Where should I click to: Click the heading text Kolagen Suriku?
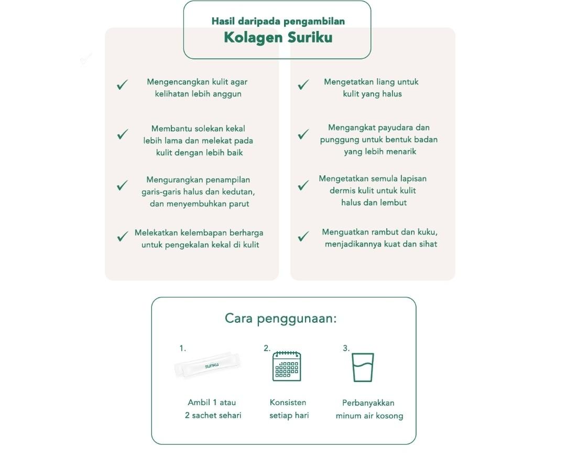(278, 38)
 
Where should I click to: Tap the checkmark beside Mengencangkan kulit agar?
(123, 85)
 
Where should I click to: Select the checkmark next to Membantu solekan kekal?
(123, 134)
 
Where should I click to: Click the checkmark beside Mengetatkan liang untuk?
(303, 85)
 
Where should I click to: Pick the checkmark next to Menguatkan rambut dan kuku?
(303, 237)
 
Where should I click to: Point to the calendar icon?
(287, 366)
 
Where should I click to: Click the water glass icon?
(363, 367)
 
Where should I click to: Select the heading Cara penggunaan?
(280, 319)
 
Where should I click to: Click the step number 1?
(182, 348)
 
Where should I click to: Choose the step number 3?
(346, 348)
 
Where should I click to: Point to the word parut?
(238, 204)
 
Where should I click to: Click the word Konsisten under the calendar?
(288, 403)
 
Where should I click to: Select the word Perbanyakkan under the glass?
(368, 403)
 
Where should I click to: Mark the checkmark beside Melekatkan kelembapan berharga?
(123, 237)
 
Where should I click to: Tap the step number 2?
(267, 348)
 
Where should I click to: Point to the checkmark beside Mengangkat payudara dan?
(303, 134)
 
